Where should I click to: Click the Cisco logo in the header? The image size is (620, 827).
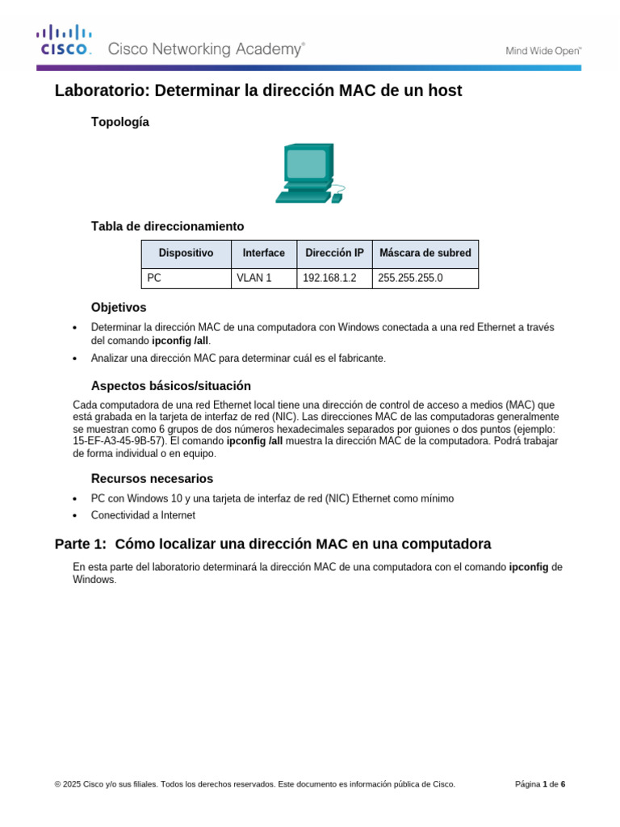coord(64,41)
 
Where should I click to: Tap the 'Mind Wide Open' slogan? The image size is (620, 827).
coord(543,50)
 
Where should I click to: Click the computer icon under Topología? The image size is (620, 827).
coord(309,173)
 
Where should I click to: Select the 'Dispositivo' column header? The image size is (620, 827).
coord(186,253)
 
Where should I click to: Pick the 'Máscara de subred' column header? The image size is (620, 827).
coord(425,253)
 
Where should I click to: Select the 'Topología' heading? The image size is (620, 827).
coord(120,122)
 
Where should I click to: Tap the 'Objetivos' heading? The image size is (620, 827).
coord(119,308)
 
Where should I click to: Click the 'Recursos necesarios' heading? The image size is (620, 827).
coord(152,479)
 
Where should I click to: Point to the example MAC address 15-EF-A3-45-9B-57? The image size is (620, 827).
coord(119,442)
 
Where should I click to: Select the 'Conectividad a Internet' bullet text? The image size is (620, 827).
coord(143,514)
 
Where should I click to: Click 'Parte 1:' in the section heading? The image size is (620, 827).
coord(81,544)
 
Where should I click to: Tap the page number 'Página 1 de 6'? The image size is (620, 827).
coord(540,783)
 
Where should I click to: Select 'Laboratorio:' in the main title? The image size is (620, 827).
coord(99,91)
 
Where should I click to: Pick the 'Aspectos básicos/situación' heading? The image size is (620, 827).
coord(171,386)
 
